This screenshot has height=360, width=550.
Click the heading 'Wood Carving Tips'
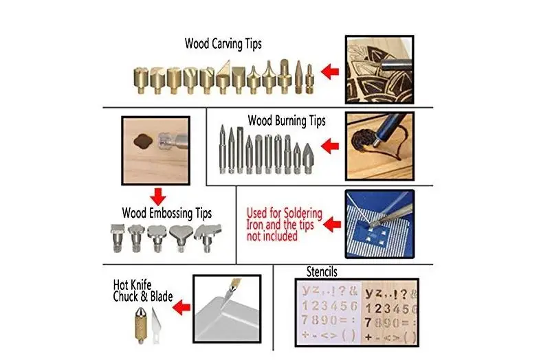tap(223, 44)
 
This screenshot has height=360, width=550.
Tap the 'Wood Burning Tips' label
tap(287, 121)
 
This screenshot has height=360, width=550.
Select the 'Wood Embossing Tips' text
tap(166, 213)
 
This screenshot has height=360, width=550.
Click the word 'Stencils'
tap(322, 271)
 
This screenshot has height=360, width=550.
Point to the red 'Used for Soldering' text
tap(284, 213)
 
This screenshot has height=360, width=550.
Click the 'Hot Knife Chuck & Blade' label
tap(143, 291)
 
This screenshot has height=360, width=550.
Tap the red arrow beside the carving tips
tap(330, 72)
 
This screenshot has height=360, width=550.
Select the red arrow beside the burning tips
tap(330, 146)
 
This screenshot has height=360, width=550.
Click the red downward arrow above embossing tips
tap(158, 196)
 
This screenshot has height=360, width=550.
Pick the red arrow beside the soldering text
tap(332, 225)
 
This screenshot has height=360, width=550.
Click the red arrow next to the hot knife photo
tap(181, 307)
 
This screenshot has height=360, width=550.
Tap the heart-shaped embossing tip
tap(181, 238)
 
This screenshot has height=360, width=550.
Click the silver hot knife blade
tap(155, 325)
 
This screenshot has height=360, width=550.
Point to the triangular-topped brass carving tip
tap(223, 77)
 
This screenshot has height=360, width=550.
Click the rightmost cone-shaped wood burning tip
tap(308, 158)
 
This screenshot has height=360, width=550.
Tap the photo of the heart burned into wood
tap(379, 146)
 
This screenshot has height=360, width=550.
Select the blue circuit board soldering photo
tap(379, 225)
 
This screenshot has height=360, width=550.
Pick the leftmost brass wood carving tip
tap(141, 80)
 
